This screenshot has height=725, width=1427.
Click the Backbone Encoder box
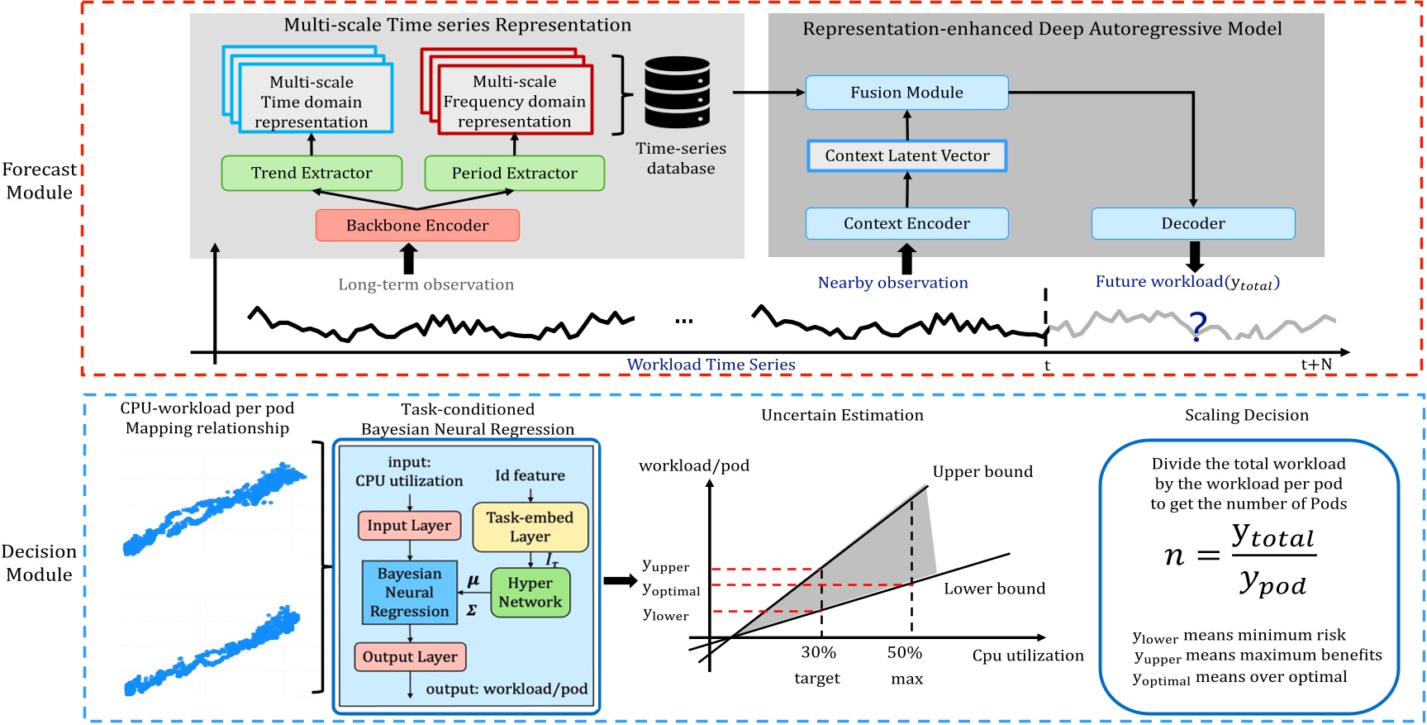point(417,225)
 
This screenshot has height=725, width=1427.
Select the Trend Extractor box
point(312,173)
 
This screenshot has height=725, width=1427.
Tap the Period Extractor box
point(514,173)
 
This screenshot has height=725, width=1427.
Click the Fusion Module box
point(906,93)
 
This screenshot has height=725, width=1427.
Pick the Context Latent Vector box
point(906,155)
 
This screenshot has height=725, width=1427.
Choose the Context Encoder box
point(906,223)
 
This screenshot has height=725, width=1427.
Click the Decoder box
point(1192,223)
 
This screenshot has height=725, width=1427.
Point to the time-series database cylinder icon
point(677,92)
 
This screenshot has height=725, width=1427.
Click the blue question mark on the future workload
point(1197,326)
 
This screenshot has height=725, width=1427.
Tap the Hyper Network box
point(530,592)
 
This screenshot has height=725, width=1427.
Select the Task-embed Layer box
point(530,527)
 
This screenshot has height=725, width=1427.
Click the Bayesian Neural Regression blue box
point(409,592)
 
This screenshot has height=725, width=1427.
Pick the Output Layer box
point(410,656)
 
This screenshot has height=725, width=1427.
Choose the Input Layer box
point(409,525)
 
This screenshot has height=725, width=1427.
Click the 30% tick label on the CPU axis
point(818,652)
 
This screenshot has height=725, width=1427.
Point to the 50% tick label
point(904,652)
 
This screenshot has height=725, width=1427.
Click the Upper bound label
point(982,471)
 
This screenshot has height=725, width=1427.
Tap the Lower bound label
point(994,589)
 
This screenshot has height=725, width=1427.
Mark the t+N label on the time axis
point(1316,365)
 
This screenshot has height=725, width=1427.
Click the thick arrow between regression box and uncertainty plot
point(620,580)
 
